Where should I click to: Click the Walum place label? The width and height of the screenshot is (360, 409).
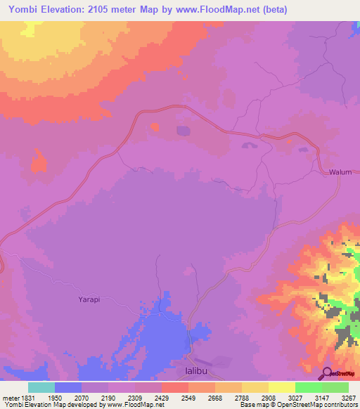(x=339, y=172)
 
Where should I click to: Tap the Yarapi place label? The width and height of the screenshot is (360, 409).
(x=89, y=299)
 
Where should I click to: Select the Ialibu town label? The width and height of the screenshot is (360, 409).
(x=188, y=368)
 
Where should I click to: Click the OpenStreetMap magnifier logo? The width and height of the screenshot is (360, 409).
(x=327, y=372)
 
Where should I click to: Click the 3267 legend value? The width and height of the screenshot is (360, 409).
(x=349, y=396)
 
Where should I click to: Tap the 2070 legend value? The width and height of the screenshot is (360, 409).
(x=81, y=396)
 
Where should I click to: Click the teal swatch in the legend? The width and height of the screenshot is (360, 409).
(x=41, y=387)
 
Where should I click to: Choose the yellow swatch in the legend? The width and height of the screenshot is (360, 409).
(x=281, y=387)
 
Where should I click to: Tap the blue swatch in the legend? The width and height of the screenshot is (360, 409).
(x=68, y=387)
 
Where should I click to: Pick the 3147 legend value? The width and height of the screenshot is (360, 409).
(x=322, y=396)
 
